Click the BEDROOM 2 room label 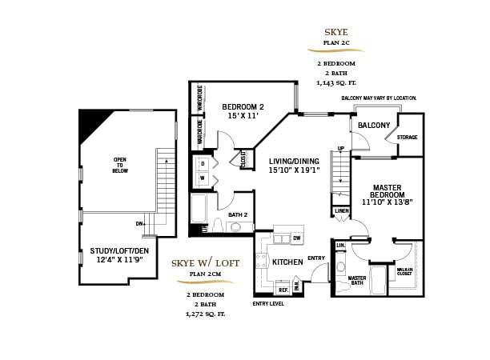pyautogui.click(x=243, y=107)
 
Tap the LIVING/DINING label pyautogui.click(x=294, y=161)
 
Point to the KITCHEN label pyautogui.click(x=287, y=262)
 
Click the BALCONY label pyautogui.click(x=374, y=126)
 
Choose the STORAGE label pyautogui.click(x=408, y=138)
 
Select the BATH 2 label pyautogui.click(x=238, y=214)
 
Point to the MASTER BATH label pyautogui.click(x=356, y=281)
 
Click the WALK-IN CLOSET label pyautogui.click(x=404, y=271)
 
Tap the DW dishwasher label pyautogui.click(x=297, y=238)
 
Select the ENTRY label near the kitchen pyautogui.click(x=316, y=258)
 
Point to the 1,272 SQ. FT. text pyautogui.click(x=206, y=314)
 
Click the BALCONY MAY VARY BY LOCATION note pyautogui.click(x=379, y=98)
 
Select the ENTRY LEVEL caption pyautogui.click(x=269, y=303)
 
